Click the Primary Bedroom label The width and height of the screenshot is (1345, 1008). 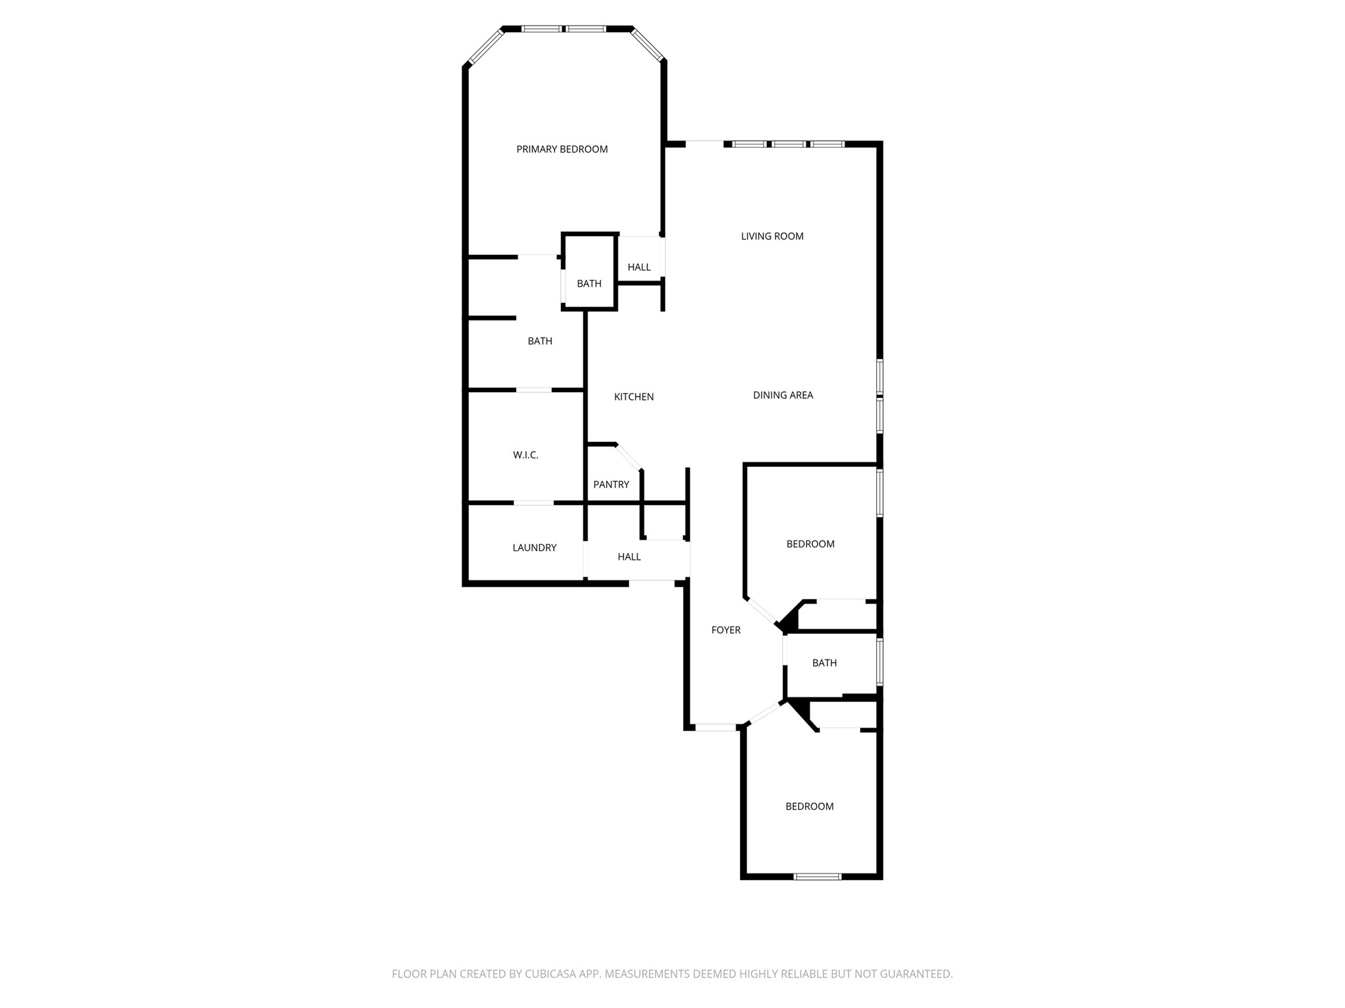point(562,149)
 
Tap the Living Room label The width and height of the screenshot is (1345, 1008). point(772,236)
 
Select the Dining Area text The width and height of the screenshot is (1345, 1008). point(783,395)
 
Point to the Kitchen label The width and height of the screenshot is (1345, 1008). point(634,397)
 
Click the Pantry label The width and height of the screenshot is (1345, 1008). point(611,485)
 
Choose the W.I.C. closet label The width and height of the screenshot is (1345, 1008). point(525,455)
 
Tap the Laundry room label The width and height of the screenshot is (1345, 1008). point(535,548)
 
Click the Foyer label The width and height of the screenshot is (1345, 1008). point(726,630)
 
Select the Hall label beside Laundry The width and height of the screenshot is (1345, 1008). point(628,557)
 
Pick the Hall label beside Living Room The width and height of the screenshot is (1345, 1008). point(638,267)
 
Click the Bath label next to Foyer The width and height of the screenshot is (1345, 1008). point(824,663)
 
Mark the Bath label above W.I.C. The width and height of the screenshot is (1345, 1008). point(540,341)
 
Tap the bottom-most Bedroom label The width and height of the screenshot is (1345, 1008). point(809,806)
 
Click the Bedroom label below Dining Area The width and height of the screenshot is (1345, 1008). point(810,544)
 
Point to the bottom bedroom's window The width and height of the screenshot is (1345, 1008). point(817,876)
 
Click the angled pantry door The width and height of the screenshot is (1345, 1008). point(628,457)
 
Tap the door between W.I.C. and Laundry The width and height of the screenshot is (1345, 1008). point(533,503)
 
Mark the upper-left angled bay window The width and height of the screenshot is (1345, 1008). point(485,47)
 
